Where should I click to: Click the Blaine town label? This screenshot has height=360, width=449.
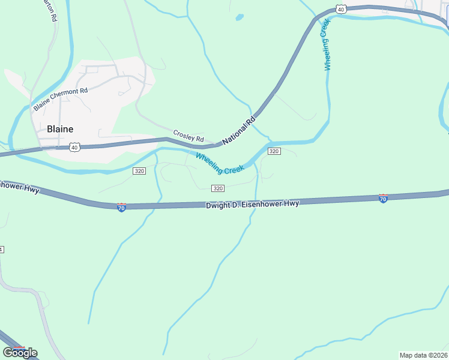(60, 129)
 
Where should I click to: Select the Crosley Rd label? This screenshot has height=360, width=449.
(188, 136)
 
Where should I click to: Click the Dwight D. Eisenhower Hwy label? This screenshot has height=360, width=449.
(252, 204)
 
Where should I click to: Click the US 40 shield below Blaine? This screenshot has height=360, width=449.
(74, 146)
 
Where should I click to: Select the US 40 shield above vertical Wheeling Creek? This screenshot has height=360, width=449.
(341, 9)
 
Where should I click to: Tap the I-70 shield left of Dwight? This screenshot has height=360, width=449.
(121, 207)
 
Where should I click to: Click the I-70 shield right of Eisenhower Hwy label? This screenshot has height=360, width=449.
(383, 198)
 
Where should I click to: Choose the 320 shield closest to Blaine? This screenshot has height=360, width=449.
(139, 171)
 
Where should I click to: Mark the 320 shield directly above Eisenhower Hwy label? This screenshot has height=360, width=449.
(218, 188)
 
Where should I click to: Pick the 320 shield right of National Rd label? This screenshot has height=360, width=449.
(274, 151)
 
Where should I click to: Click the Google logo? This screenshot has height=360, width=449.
(20, 352)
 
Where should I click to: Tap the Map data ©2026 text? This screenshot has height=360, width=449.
(423, 355)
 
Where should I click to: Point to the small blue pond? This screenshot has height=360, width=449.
(240, 17)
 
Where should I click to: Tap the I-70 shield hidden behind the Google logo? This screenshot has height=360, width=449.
(20, 349)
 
